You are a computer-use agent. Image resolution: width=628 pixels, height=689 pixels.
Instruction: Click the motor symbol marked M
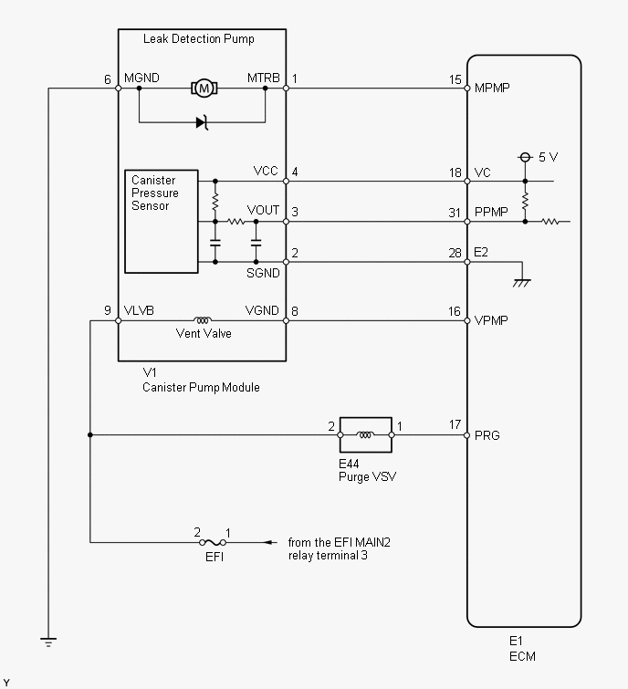point(204,89)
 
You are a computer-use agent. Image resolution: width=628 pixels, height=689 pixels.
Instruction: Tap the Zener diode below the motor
point(202,122)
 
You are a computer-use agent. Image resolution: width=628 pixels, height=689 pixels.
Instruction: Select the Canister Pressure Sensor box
point(162,222)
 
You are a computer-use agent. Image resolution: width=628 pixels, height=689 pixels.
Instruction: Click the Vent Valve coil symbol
point(203,320)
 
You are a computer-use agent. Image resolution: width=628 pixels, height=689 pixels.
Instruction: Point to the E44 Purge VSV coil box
point(366,435)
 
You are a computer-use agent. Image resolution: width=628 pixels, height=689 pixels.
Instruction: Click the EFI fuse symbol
point(213,543)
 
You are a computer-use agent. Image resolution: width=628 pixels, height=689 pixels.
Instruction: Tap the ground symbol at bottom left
point(48,642)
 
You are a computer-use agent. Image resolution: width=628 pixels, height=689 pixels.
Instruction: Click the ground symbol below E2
point(521,283)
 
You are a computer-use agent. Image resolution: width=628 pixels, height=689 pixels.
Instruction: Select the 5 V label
point(548,157)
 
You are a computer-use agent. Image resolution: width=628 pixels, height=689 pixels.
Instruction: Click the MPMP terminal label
point(492,88)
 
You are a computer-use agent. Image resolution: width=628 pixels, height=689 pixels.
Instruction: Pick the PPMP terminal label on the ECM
point(491,212)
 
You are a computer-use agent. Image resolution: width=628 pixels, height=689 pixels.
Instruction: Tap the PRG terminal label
point(487,435)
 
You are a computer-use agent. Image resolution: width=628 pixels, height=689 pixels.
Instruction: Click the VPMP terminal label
point(491,320)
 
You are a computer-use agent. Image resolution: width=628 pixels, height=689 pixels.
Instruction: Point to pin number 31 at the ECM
point(455,213)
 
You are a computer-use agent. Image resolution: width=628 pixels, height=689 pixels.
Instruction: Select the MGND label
point(141,78)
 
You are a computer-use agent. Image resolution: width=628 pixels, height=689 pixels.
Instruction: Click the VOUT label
point(263,210)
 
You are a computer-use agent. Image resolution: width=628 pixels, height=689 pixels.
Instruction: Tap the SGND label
point(263,273)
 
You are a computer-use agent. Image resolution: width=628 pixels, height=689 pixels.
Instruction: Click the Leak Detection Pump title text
point(199,38)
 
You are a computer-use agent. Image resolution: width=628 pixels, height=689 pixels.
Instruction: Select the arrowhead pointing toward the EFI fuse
point(270,543)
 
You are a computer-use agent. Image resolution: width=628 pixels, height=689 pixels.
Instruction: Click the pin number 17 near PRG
point(455,424)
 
